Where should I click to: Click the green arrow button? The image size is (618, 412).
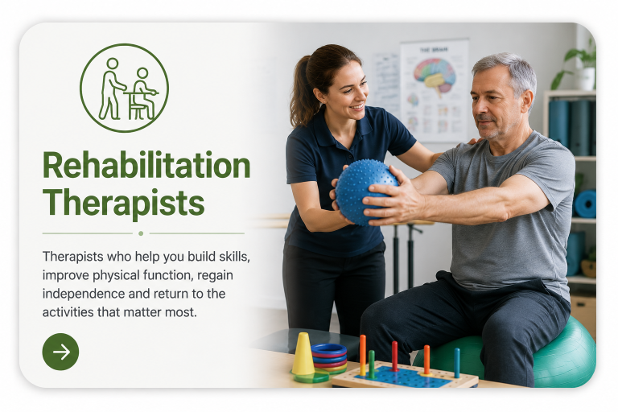point(60,352)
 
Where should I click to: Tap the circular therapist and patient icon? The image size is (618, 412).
point(124,88)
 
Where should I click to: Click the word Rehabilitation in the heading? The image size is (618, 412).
point(146,166)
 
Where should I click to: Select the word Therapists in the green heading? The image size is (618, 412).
point(123,202)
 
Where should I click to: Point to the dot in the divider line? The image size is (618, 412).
point(141,233)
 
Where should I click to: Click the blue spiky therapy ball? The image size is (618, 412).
point(366,192)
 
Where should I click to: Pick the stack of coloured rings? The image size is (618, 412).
point(329,357)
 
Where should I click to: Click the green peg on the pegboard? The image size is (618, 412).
point(371,364)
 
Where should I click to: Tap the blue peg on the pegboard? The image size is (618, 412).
point(457,362)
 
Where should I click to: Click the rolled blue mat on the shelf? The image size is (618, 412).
point(585,204)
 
